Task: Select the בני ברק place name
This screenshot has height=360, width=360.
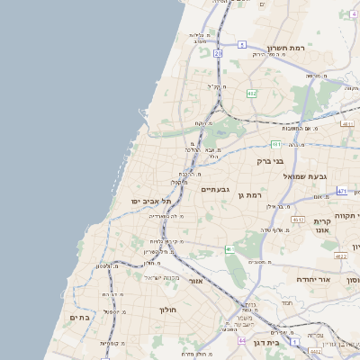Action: [x=270, y=162]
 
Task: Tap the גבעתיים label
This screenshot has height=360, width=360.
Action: [x=216, y=189]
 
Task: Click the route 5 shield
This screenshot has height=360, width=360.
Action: [x=242, y=43]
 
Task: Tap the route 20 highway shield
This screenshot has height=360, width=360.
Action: [x=218, y=53]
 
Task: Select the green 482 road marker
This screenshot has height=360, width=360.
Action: [x=252, y=93]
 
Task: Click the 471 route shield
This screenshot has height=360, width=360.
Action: [x=342, y=191]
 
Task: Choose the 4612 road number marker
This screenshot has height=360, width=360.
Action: [x=298, y=219]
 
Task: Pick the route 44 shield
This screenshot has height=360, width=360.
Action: [x=241, y=340]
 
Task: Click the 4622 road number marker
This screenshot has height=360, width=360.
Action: [x=340, y=256]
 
